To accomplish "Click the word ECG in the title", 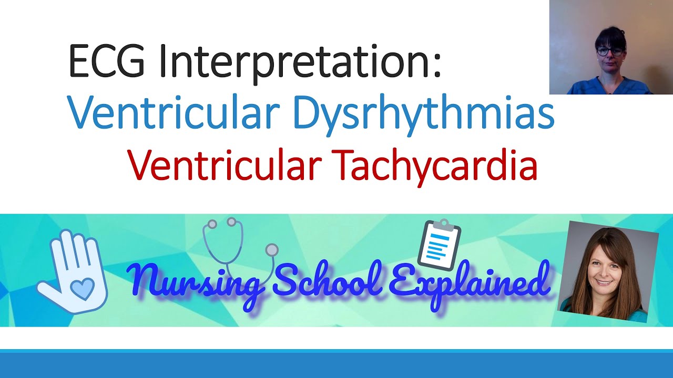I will point(106,62).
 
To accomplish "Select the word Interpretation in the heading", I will point(299,62).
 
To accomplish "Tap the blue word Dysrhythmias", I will point(423,114).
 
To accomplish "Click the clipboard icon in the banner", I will point(440,245).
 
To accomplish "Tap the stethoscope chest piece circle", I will point(272,249).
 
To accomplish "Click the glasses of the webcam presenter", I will point(610,51).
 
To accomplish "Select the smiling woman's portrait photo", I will point(609,270).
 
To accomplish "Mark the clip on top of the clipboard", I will point(443,225).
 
